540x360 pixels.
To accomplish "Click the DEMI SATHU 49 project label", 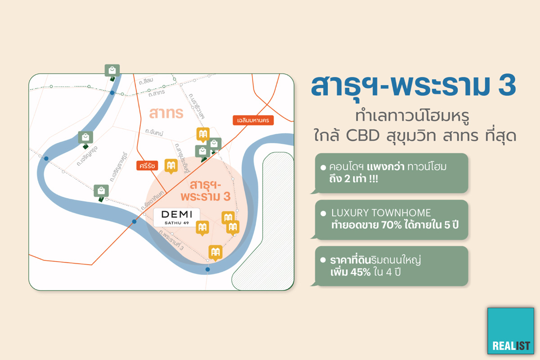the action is (177, 217).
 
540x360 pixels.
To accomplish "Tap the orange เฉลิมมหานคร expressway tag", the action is (253, 120).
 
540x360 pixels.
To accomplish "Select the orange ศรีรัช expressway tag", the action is (147, 166).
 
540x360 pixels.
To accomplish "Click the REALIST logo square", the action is (511, 331).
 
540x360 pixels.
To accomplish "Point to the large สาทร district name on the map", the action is (166, 113).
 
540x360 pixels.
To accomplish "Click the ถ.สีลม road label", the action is (146, 81).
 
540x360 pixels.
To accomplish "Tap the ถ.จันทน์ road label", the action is (154, 132).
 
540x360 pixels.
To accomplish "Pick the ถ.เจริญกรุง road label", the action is (87, 156).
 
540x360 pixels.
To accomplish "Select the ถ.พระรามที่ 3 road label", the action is (171, 240).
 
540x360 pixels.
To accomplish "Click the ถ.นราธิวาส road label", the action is (197, 106).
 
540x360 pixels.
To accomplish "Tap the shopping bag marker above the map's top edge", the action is (112, 72).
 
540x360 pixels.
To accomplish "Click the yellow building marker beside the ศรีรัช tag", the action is (171, 166).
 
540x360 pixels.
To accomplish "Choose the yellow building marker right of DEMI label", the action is (202, 228).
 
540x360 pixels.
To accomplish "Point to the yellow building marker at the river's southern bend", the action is (215, 253).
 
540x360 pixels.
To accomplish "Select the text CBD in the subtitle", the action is (363, 135).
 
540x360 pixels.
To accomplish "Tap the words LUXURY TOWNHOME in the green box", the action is (381, 213).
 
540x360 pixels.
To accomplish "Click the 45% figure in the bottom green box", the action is (360, 272).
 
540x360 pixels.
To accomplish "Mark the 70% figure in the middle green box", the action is (392, 225).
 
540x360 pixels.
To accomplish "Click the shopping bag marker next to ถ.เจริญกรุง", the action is (85, 140).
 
